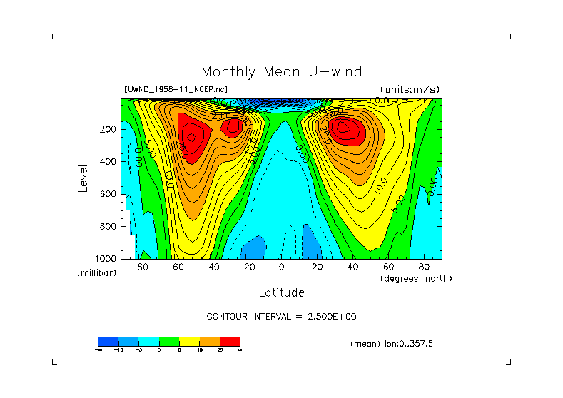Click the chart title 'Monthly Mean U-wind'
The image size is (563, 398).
(x=281, y=71)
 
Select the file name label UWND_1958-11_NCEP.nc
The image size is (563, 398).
(x=176, y=89)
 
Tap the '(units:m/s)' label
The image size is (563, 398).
(x=410, y=89)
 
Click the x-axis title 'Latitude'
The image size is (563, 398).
(x=281, y=292)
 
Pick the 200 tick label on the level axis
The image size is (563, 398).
(x=108, y=130)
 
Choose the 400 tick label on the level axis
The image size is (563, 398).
(x=108, y=162)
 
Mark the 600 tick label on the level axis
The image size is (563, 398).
(x=108, y=194)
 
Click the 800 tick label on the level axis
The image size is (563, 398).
(x=108, y=226)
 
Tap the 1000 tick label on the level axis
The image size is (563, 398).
(x=106, y=258)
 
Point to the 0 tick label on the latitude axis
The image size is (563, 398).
(x=281, y=267)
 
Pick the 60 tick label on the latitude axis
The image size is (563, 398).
(x=388, y=267)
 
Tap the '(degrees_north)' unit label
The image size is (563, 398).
(x=416, y=278)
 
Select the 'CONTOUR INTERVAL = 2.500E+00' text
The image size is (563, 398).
(x=280, y=317)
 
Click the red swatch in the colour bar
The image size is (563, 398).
(x=230, y=341)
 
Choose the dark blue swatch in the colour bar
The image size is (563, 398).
(x=108, y=341)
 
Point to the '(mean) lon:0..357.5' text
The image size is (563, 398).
(x=392, y=344)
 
